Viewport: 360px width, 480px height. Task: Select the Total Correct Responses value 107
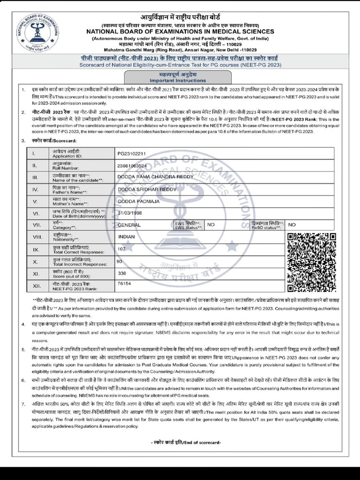122,249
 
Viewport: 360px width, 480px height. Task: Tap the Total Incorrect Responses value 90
119,261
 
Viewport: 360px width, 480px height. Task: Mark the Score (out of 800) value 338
122,273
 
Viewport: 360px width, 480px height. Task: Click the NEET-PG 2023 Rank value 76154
124,284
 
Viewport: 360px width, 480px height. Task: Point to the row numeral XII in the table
34,285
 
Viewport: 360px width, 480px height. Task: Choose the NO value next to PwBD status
292,225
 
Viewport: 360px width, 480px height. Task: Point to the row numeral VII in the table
34,225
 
